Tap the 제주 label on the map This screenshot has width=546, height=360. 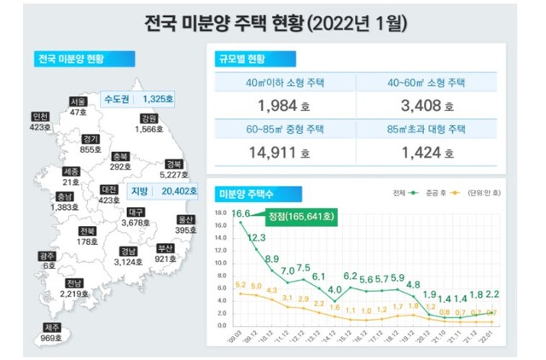pyautogui.click(x=51, y=328)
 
